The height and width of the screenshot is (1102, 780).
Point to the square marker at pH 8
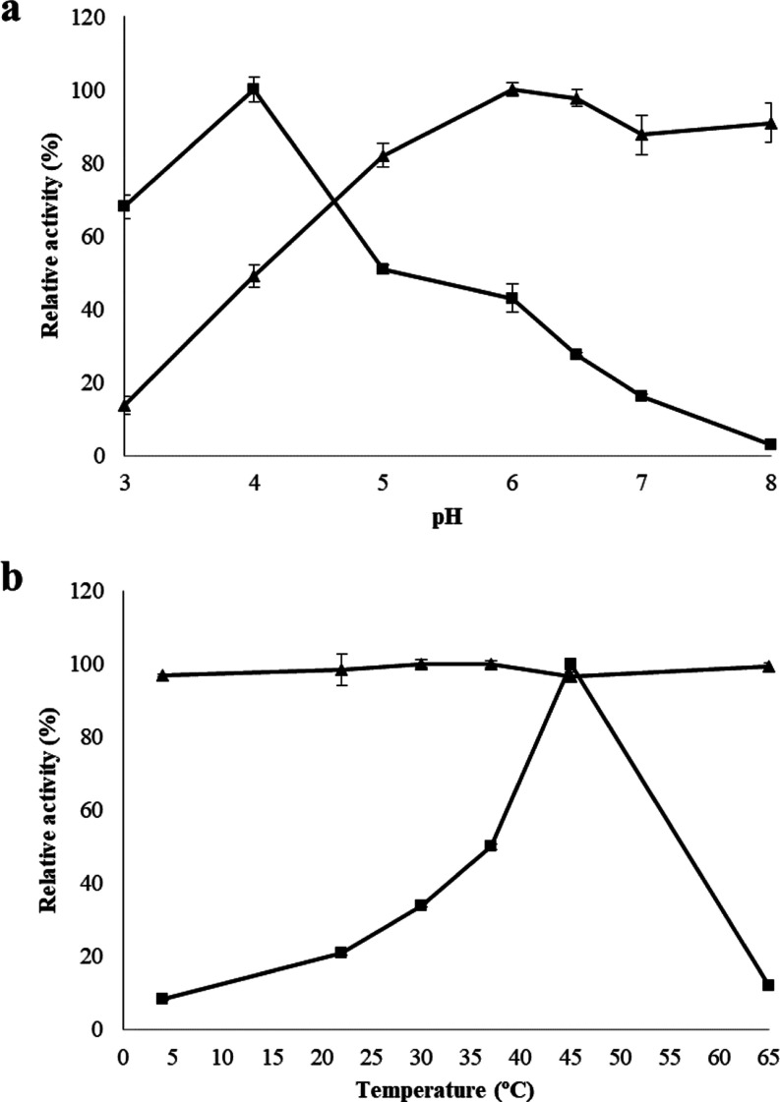[770, 444]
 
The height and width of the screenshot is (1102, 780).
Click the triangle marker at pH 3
[124, 405]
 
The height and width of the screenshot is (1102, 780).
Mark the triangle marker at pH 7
[641, 135]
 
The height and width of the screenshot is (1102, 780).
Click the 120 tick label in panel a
[93, 18]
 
